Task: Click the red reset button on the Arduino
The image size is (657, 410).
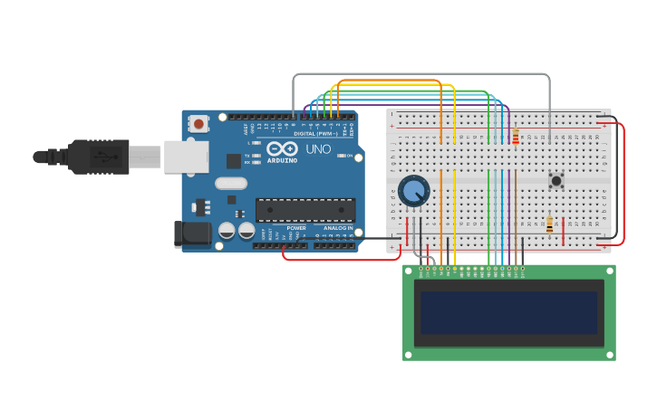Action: tap(198, 124)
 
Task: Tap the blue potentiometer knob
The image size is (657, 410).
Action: tap(413, 191)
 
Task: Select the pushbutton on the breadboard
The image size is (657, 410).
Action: tap(556, 180)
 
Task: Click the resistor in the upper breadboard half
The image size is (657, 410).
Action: tap(516, 137)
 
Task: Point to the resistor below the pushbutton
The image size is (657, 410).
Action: tap(549, 224)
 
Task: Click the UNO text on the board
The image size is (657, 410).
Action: tap(318, 149)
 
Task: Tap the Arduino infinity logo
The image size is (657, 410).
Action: tap(282, 148)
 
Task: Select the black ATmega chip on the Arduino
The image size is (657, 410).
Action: tap(304, 210)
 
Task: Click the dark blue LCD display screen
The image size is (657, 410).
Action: tap(508, 312)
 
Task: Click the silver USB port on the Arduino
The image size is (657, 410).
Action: tap(186, 157)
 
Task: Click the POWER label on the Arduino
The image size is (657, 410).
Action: tap(296, 228)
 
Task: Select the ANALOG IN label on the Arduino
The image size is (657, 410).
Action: tap(338, 228)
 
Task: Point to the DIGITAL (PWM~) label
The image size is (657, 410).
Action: tap(314, 133)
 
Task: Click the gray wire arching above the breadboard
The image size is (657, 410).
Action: tap(421, 74)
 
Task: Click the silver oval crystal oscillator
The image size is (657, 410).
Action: tap(231, 183)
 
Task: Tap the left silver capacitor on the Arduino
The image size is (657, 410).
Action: tap(227, 231)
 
